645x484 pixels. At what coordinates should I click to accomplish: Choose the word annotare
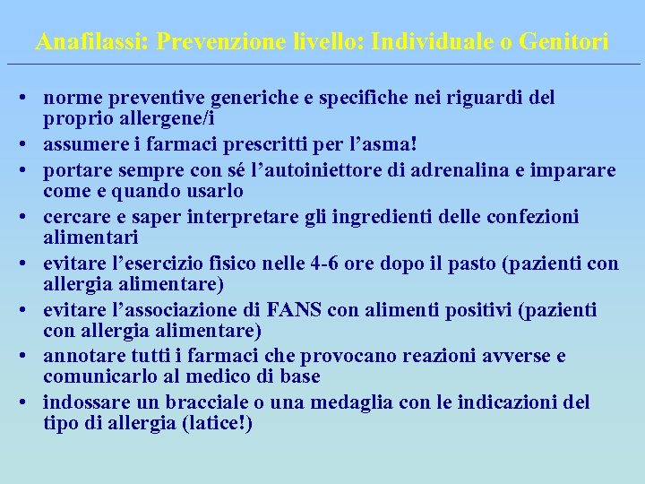click(79, 356)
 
